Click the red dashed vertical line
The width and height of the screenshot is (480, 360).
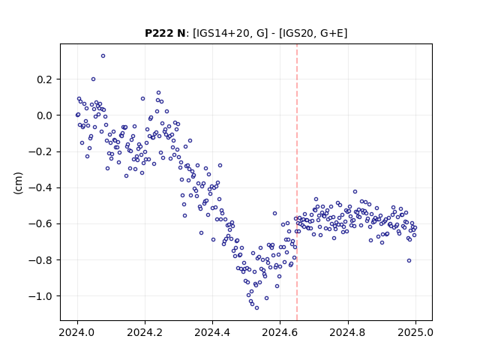[x=297, y=182]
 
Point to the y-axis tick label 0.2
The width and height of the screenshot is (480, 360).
[x=45, y=79]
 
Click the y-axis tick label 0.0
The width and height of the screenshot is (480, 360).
[x=45, y=115]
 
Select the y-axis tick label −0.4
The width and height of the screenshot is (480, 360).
[x=40, y=188]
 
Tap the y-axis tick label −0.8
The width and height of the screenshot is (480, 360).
[x=40, y=260]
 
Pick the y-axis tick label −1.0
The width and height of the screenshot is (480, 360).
[x=40, y=296]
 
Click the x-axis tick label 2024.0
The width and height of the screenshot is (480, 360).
[x=77, y=332]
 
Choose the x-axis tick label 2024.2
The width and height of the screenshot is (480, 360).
[x=145, y=332]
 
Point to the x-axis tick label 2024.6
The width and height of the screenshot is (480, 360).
[x=280, y=332]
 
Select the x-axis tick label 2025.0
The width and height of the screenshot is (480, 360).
[x=415, y=332]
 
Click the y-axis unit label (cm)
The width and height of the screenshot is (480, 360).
[x=18, y=183]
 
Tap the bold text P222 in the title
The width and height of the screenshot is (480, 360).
[x=160, y=33]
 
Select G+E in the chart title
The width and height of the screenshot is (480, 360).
[x=331, y=33]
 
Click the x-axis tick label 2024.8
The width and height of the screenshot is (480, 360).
[x=347, y=332]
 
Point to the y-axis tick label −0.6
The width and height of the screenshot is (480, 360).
[x=40, y=224]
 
